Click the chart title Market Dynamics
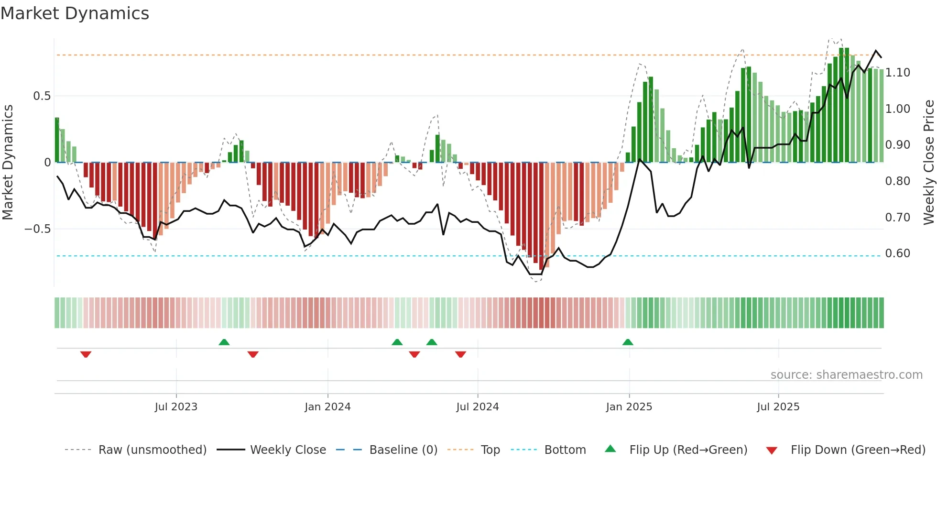click(75, 13)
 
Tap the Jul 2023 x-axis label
click(176, 407)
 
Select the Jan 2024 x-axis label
click(327, 407)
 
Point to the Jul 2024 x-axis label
click(477, 407)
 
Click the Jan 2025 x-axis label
click(629, 407)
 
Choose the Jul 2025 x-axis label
click(778, 407)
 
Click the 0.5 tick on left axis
click(42, 96)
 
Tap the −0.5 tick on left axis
click(38, 229)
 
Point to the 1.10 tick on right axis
click(897, 73)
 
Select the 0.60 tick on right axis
click(897, 253)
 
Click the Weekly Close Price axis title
click(928, 163)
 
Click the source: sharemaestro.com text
click(846, 375)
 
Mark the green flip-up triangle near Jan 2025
click(628, 342)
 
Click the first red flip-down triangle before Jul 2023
click(86, 354)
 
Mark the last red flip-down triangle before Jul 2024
click(460, 354)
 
